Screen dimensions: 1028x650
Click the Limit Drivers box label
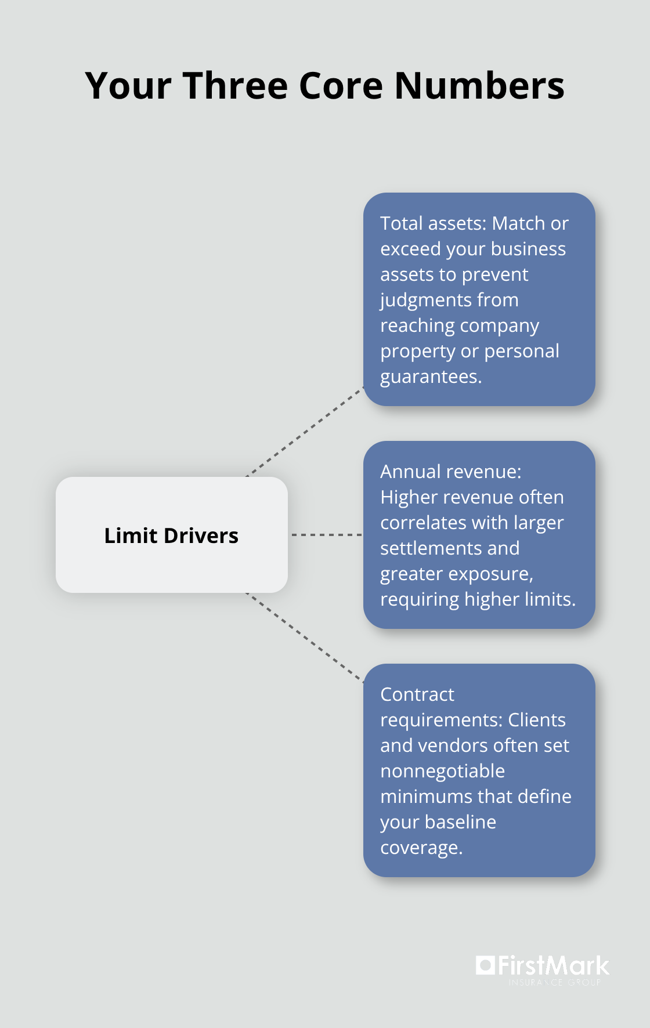pos(171,535)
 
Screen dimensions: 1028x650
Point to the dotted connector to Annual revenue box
pos(326,534)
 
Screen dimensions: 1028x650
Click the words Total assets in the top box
pos(432,223)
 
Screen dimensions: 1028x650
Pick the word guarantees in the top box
pos(430,377)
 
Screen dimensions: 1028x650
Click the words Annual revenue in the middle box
pos(450,472)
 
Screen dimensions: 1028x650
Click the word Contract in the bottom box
pos(417,694)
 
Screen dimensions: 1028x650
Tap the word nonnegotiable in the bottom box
pos(442,771)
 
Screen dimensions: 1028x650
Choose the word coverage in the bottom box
pos(421,848)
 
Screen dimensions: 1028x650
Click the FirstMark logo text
pos(553,966)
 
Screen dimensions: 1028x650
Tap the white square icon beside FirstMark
pos(485,965)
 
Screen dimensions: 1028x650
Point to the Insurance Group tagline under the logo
pos(554,983)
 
